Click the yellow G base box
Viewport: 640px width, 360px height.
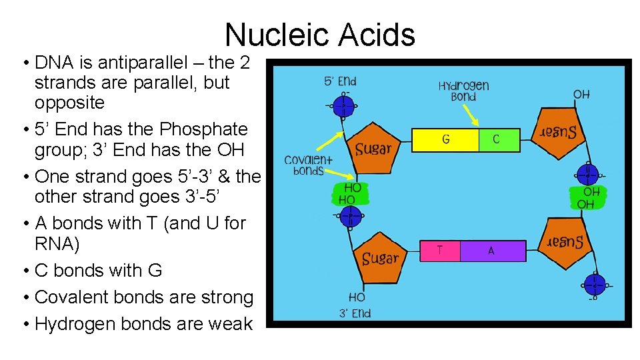tap(446, 140)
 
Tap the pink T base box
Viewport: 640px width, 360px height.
tap(440, 251)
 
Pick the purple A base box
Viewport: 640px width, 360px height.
tap(492, 251)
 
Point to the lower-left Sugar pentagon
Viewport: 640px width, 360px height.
tap(379, 258)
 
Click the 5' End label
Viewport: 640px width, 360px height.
tap(340, 82)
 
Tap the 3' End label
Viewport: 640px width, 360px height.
tap(355, 313)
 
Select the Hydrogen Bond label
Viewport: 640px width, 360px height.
tap(464, 91)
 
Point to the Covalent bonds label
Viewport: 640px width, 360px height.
tap(308, 165)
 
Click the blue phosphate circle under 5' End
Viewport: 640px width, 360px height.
tap(344, 105)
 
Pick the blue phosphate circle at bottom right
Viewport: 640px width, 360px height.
tap(593, 284)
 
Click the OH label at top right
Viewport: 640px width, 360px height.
tap(581, 95)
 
